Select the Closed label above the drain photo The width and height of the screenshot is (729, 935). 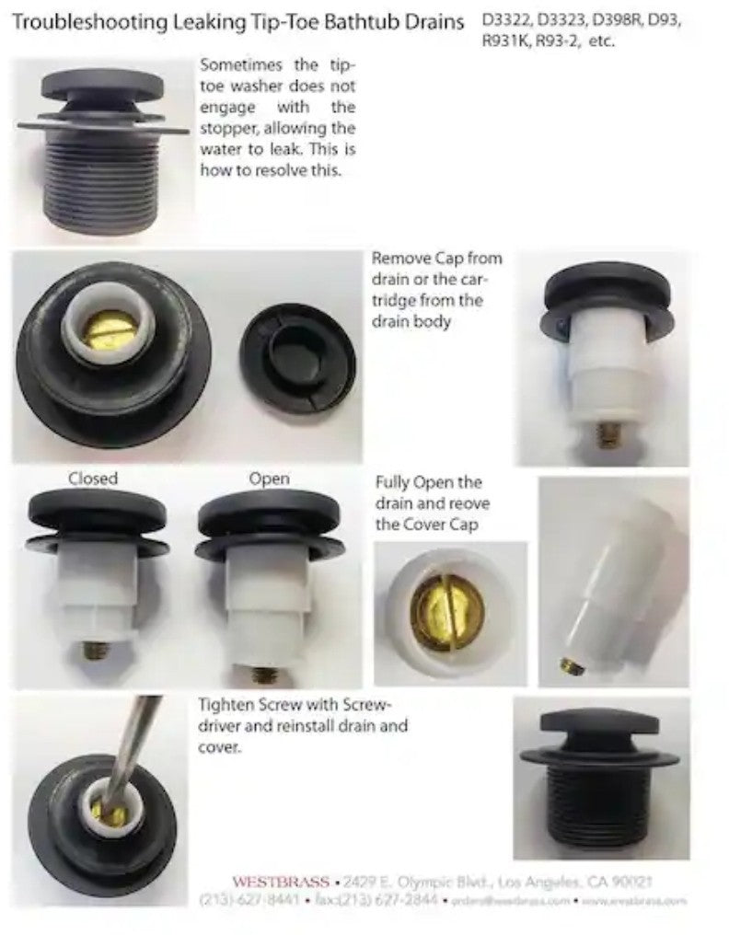[x=93, y=479]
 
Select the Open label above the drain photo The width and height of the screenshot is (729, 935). [x=269, y=479]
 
